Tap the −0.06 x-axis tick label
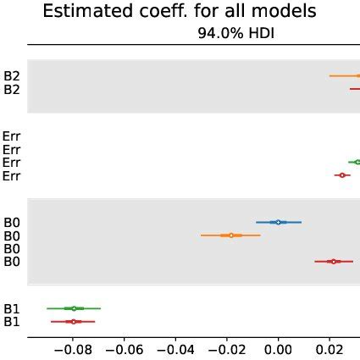click(x=124, y=348)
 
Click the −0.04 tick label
click(x=175, y=348)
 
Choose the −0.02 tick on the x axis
click(x=226, y=348)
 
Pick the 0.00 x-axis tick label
click(x=278, y=348)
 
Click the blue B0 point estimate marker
click(x=279, y=222)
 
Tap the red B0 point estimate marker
click(x=334, y=262)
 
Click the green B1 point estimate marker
click(x=74, y=308)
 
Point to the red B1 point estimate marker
click(x=74, y=322)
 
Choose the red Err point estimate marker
click(x=342, y=175)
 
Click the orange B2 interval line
click(x=344, y=75)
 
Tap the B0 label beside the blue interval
click(x=12, y=222)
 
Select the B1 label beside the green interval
click(x=12, y=308)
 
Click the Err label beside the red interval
click(x=12, y=175)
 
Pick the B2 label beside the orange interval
click(x=12, y=75)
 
